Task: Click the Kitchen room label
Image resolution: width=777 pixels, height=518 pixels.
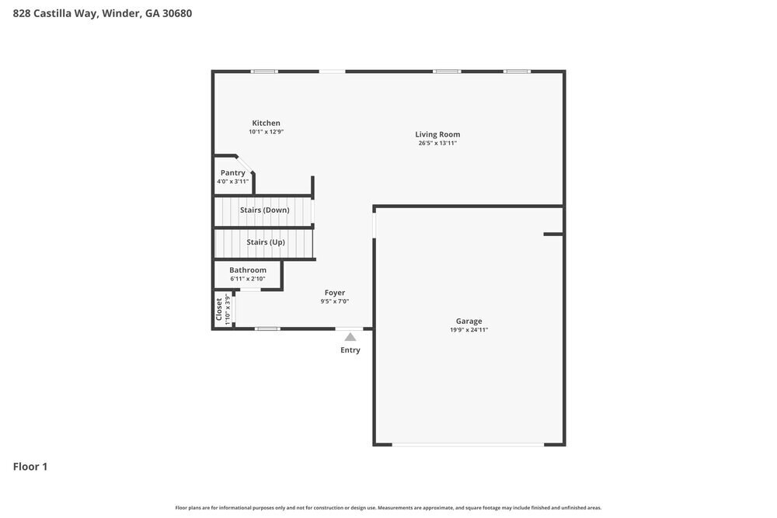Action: click(266, 123)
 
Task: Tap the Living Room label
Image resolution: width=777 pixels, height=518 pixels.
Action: click(437, 134)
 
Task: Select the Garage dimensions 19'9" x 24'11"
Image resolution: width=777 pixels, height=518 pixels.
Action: click(469, 330)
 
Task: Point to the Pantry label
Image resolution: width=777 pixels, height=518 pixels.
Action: click(233, 173)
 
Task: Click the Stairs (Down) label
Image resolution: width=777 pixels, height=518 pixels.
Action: click(264, 210)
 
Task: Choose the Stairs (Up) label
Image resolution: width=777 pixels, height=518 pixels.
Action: click(266, 242)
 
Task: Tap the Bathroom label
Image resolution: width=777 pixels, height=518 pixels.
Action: click(248, 270)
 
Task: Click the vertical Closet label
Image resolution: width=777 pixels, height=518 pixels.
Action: click(219, 309)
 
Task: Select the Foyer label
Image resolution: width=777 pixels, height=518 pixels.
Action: click(335, 293)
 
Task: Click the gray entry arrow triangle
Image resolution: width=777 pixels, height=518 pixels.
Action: click(350, 337)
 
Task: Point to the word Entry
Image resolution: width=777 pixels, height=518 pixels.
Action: click(350, 350)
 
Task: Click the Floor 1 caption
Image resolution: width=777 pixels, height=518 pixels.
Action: click(30, 467)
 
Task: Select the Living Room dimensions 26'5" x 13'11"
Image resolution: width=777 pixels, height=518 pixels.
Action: click(437, 143)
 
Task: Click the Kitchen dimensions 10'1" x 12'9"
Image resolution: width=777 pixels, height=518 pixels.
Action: click(266, 132)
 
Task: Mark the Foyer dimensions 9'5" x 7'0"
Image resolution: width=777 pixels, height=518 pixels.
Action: click(335, 301)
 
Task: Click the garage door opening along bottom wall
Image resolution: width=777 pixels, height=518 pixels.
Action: click(468, 444)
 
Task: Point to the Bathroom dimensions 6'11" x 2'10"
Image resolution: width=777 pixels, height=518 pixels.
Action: click(248, 279)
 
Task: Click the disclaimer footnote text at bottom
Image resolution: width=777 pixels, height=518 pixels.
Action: click(388, 507)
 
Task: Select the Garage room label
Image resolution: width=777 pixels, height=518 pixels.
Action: click(469, 321)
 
